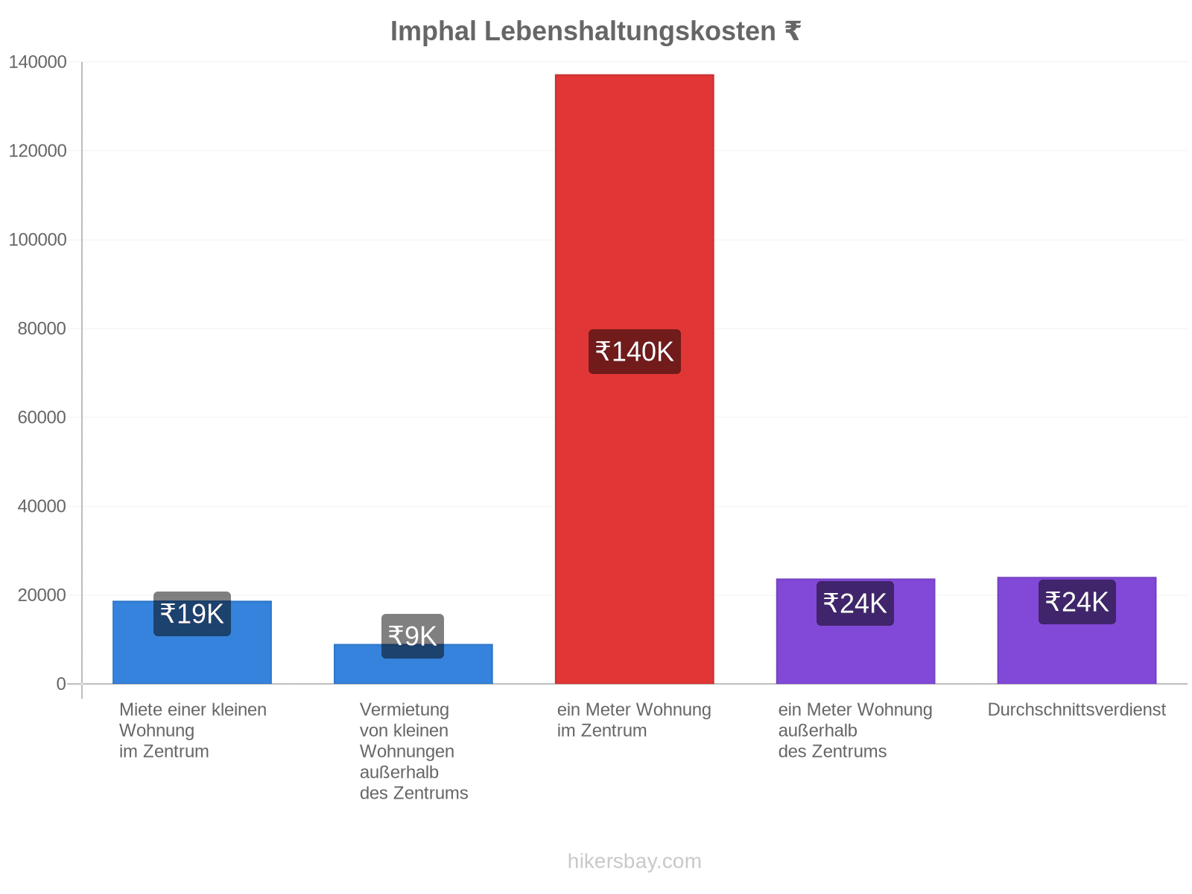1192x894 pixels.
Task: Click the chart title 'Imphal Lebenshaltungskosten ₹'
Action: coord(595,31)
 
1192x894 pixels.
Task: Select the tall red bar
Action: coord(634,378)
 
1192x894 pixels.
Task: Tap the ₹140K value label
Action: coord(634,351)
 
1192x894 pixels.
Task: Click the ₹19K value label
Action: coord(191,613)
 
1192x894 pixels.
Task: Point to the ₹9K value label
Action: coord(412,635)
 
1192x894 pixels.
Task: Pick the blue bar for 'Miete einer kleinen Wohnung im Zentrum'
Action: coord(191,641)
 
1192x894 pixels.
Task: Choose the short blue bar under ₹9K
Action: coord(413,663)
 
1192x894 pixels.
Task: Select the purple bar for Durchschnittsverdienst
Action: coord(1077,630)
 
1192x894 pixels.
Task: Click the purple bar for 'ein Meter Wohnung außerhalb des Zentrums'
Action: coord(855,631)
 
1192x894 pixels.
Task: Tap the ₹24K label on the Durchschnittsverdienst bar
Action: coord(1077,601)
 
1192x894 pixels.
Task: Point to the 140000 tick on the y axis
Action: coord(37,62)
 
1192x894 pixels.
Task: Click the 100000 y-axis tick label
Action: coord(37,239)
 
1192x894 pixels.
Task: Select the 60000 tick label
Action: coord(42,417)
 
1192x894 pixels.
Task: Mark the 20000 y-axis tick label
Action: coord(42,595)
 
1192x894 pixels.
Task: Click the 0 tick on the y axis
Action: coord(61,683)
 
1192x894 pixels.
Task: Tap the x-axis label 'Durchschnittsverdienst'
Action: coord(1077,709)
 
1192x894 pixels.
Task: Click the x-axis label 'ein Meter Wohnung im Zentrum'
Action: coord(634,720)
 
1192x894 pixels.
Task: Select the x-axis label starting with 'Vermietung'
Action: coord(413,751)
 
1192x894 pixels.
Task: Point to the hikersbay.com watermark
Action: coord(634,861)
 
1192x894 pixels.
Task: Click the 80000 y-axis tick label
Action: coord(42,329)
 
